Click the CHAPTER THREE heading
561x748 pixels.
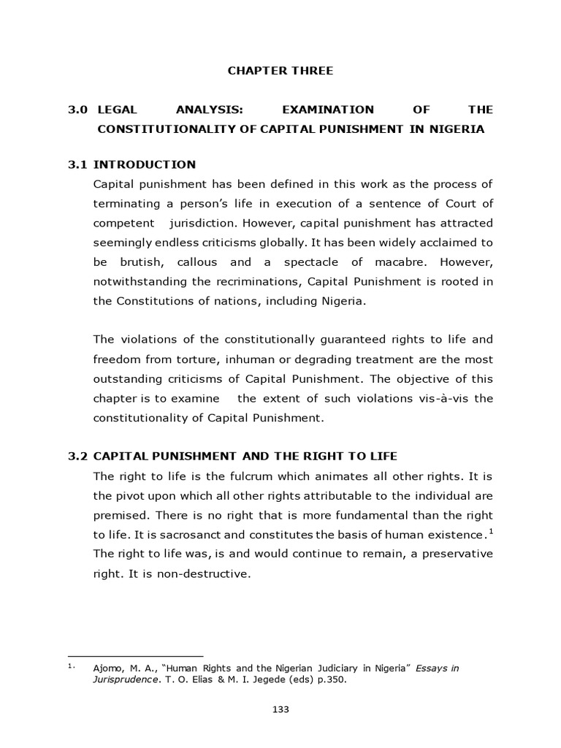coord(280,71)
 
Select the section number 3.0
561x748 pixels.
coord(77,110)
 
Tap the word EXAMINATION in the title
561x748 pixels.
coord(327,110)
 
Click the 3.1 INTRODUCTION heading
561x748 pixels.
coord(132,164)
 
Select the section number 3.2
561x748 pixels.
coord(77,457)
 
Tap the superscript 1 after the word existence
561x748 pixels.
coord(492,530)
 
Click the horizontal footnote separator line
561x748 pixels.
coord(135,656)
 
